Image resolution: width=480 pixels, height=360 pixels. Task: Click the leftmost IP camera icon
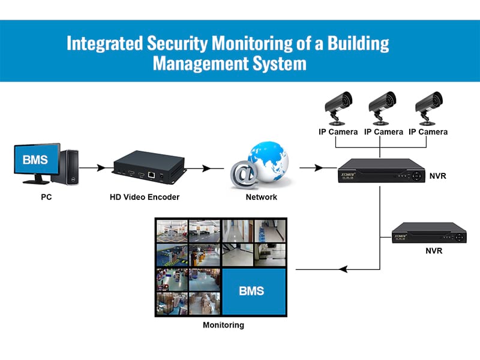pyautogui.click(x=338, y=108)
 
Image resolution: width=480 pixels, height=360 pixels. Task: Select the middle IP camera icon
pyautogui.click(x=382, y=108)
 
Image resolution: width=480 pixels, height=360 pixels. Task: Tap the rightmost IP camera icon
pyautogui.click(x=428, y=108)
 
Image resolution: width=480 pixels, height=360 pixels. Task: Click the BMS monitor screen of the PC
pyautogui.click(x=37, y=158)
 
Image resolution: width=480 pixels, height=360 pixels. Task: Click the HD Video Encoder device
pyautogui.click(x=149, y=167)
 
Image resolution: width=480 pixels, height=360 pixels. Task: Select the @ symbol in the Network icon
pyautogui.click(x=244, y=174)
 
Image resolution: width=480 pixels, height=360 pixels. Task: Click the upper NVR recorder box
pyautogui.click(x=382, y=171)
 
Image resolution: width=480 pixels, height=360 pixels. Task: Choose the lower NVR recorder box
pyautogui.click(x=429, y=233)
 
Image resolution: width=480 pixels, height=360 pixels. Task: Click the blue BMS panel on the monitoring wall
pyautogui.click(x=254, y=291)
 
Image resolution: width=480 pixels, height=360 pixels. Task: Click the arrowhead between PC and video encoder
pyautogui.click(x=100, y=168)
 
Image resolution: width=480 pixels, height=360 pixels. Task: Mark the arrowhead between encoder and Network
pyautogui.click(x=206, y=168)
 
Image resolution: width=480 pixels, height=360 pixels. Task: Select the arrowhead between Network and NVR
pyautogui.click(x=319, y=168)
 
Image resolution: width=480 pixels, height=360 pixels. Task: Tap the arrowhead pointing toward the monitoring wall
pyautogui.click(x=343, y=269)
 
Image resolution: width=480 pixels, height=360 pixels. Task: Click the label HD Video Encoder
pyautogui.click(x=145, y=197)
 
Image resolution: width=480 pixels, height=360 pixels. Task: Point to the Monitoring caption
pyautogui.click(x=223, y=325)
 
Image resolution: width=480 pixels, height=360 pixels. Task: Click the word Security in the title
pyautogui.click(x=178, y=43)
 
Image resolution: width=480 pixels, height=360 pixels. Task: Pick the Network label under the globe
pyautogui.click(x=262, y=197)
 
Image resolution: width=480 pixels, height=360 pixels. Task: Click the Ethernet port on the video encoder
pyautogui.click(x=151, y=175)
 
